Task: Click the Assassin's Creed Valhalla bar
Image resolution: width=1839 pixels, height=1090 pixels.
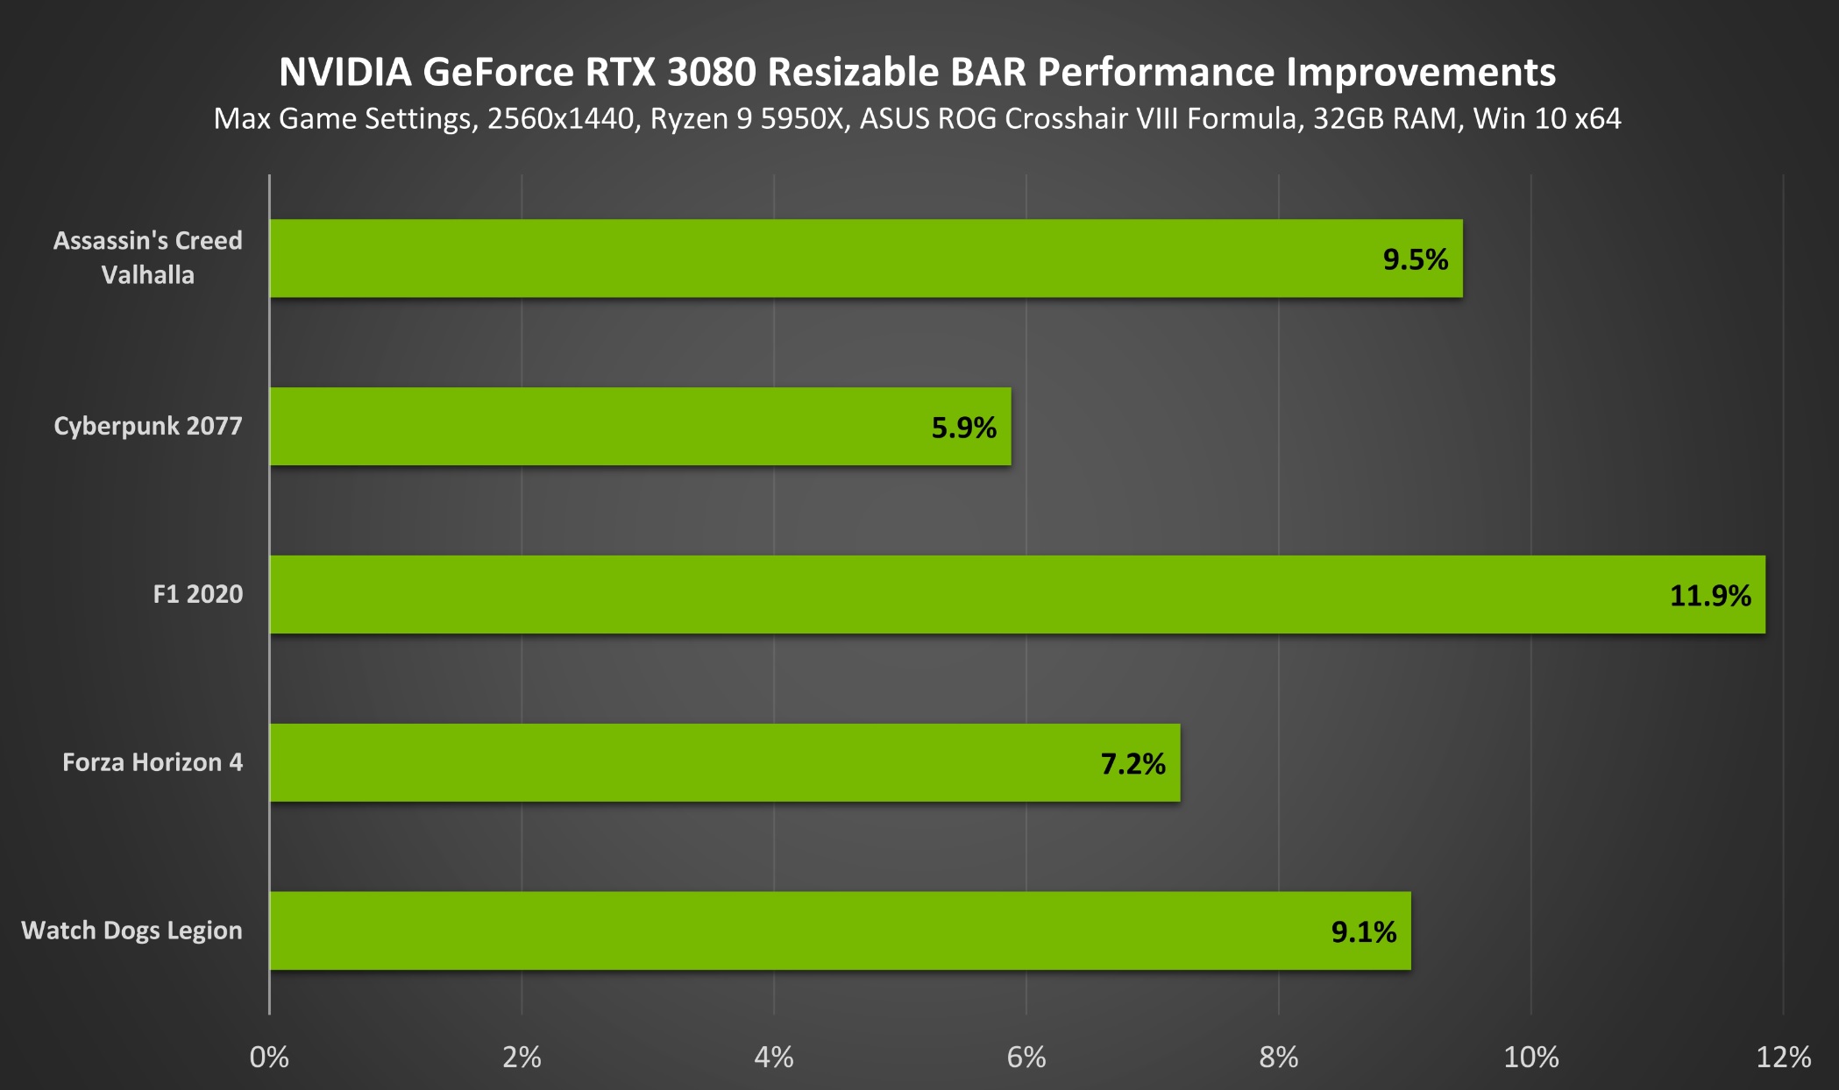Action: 866,258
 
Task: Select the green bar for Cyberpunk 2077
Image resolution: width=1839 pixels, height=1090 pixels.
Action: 640,427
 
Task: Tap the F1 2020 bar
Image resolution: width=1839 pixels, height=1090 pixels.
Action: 1017,594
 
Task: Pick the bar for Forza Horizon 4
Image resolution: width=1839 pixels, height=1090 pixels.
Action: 724,762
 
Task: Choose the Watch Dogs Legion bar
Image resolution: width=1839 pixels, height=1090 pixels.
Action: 840,931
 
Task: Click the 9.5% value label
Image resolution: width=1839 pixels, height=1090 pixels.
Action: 1415,259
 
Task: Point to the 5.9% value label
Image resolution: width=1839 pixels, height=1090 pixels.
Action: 963,428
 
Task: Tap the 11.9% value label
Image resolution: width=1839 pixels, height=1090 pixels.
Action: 1709,596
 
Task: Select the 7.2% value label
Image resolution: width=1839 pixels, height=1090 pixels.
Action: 1133,764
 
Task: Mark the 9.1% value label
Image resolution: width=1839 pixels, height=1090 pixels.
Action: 1363,932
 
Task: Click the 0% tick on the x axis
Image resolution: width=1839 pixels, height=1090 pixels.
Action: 269,1058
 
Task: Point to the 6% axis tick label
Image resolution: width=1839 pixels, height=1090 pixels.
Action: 1026,1058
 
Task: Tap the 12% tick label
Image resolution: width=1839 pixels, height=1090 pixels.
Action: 1783,1058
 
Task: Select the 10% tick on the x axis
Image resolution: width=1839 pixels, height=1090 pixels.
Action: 1530,1058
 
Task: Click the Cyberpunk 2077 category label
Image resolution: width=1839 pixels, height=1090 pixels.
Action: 147,426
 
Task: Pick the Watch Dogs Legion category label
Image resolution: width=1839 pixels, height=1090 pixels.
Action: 131,931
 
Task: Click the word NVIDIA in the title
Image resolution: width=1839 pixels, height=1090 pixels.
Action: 344,72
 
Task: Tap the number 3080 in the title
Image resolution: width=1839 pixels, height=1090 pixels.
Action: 711,72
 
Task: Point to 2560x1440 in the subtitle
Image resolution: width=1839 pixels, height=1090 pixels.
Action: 561,118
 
